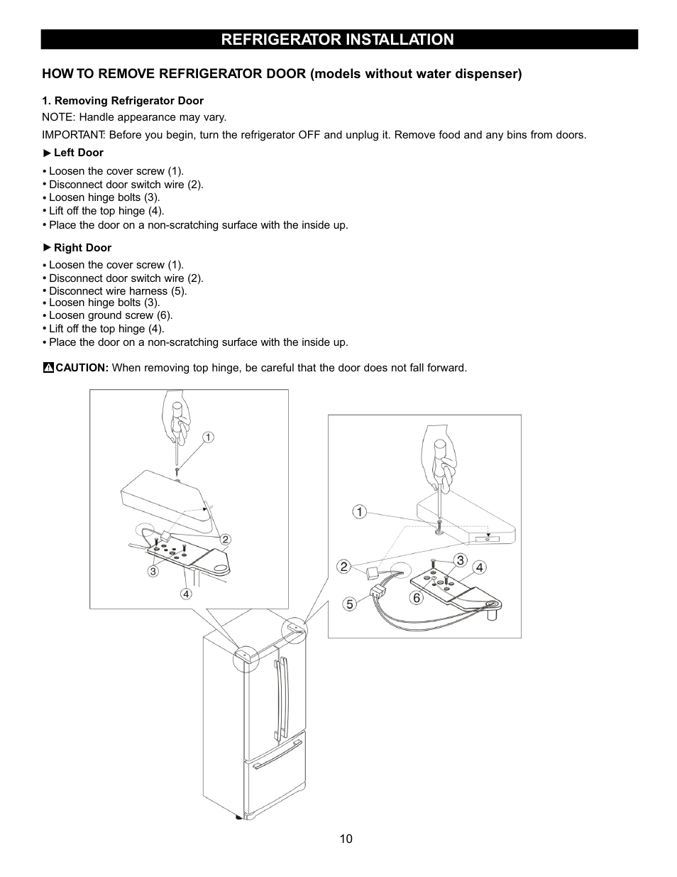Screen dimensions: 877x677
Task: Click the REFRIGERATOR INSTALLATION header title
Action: (x=337, y=40)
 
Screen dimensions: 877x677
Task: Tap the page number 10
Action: (x=345, y=839)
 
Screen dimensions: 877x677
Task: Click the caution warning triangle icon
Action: (x=48, y=368)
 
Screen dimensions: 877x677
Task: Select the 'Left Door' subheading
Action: (x=78, y=153)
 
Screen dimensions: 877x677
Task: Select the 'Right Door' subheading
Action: (x=82, y=248)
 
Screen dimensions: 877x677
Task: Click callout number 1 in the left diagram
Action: (x=208, y=437)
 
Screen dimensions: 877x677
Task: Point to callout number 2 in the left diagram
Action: (x=226, y=540)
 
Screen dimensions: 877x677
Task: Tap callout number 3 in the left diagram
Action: (x=153, y=571)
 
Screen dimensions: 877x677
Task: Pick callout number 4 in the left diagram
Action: (x=186, y=594)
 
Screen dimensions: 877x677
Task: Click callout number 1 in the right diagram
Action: (x=360, y=512)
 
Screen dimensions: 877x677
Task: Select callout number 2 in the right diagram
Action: (x=343, y=566)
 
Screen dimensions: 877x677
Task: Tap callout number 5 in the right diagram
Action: (x=349, y=604)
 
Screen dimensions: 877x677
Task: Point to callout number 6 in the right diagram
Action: (x=417, y=598)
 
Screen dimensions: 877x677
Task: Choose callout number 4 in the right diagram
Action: (x=480, y=567)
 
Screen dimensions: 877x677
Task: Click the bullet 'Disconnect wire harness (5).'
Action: (x=118, y=291)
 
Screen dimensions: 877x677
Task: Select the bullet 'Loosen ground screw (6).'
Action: (x=111, y=315)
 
